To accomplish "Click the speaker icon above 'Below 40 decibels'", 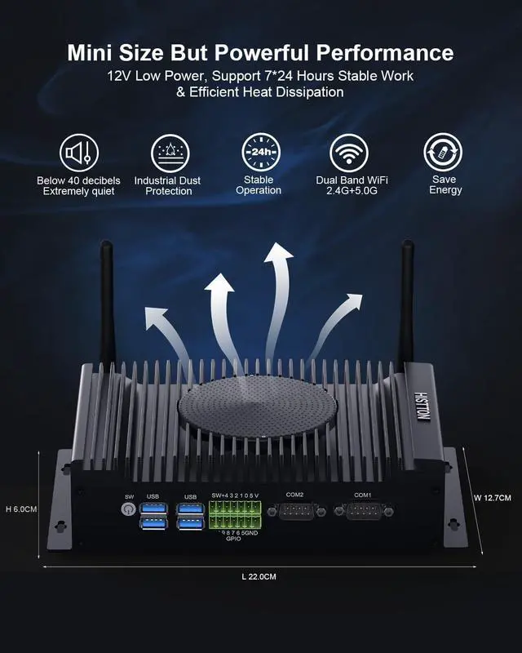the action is [78, 153].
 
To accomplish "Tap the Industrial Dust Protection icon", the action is [170, 153].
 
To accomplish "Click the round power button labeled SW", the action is [127, 509].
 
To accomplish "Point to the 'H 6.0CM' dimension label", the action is [21, 509].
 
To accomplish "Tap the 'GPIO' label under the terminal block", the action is [232, 539].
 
